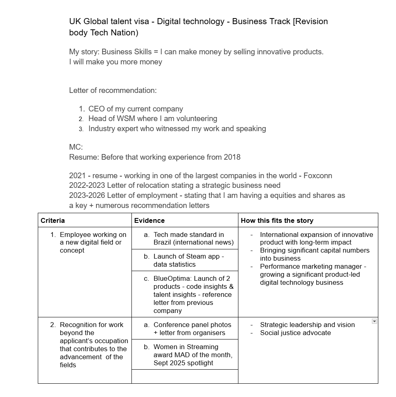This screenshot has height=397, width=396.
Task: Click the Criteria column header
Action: click(53, 220)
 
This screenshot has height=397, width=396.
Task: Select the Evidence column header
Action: click(149, 220)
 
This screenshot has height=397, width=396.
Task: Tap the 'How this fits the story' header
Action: click(277, 220)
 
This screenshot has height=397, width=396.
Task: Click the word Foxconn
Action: click(318, 176)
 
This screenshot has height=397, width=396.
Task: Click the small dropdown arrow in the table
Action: click(374, 321)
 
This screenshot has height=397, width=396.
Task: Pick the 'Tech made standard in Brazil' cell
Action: click(189, 238)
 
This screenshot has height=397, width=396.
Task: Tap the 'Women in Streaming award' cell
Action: click(189, 354)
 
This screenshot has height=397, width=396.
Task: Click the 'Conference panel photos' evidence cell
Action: click(189, 329)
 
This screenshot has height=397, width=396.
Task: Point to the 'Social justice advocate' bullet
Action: click(295, 333)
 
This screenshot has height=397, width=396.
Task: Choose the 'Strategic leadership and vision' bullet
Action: click(307, 325)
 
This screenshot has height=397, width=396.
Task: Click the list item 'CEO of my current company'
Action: click(135, 109)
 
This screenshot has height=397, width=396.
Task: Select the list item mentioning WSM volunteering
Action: click(152, 119)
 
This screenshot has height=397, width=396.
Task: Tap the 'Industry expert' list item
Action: click(177, 129)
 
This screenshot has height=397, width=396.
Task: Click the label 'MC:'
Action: click(76, 147)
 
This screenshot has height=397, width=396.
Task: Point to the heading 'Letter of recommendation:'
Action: click(113, 90)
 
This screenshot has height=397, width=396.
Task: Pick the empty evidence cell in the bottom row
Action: click(185, 376)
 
